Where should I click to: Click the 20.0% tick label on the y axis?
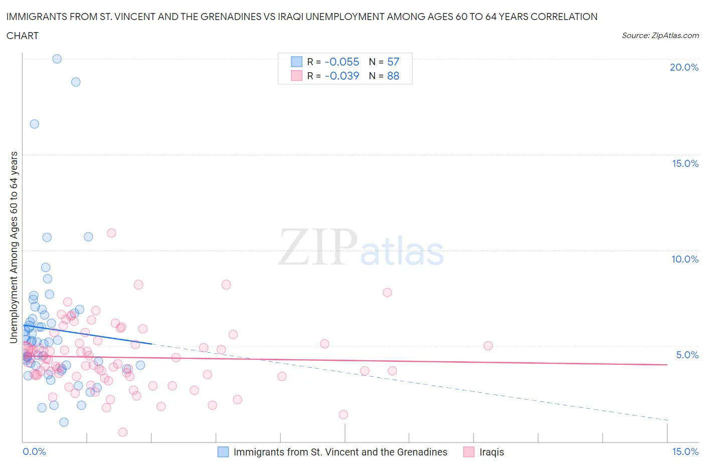tap(684, 67)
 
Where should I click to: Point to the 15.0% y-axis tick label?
tap(685, 163)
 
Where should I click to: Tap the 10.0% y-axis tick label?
tap(685, 259)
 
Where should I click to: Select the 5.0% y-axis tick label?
tap(687, 355)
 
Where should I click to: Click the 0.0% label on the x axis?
tap(34, 451)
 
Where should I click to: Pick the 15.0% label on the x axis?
tap(685, 451)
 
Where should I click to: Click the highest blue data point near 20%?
tap(57, 59)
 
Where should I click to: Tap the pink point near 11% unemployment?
tap(112, 233)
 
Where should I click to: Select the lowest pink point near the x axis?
tap(123, 432)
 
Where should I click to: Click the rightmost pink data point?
tap(488, 346)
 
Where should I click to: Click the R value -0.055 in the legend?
tap(342, 62)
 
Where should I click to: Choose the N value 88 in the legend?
tap(393, 76)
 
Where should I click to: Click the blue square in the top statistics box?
tap(297, 62)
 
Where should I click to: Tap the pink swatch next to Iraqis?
tap(469, 452)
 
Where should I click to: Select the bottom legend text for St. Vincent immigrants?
tap(340, 452)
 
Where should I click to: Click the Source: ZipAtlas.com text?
tap(660, 36)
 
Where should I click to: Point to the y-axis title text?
tap(14, 248)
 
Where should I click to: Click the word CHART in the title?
tap(23, 36)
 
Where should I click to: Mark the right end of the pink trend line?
tap(666, 365)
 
